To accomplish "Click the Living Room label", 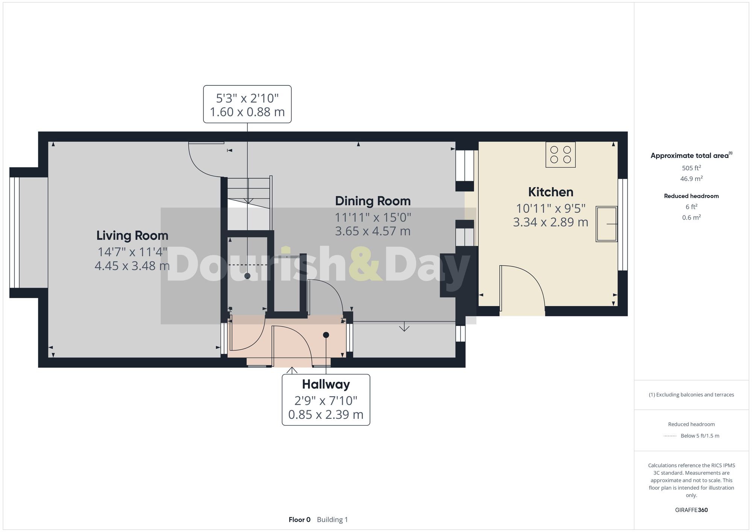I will pos(132,236).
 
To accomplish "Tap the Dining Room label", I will pos(373,201).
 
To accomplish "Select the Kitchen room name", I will pos(550,192).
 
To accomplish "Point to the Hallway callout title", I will pos(326,384).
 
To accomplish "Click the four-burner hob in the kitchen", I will pos(560,155).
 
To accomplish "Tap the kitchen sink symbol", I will pos(606,224).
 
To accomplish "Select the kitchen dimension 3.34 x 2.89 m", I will pos(550,222).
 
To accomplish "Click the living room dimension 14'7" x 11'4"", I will pos(132,252).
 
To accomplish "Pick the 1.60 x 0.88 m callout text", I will pos(247,112).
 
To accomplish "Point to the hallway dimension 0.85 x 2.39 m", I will pos(326,415).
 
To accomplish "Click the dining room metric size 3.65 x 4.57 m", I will pos(373,231).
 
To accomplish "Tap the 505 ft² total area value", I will pos(691,168).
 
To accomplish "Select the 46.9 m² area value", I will pos(691,179).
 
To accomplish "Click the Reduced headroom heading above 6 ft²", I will pos(691,196).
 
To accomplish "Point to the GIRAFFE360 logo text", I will pos(691,510).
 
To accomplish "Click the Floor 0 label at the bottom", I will pos(299,520).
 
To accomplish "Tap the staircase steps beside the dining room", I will pos(249,192).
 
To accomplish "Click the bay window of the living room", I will pos(15,232).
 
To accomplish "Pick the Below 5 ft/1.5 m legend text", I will pos(700,436).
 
